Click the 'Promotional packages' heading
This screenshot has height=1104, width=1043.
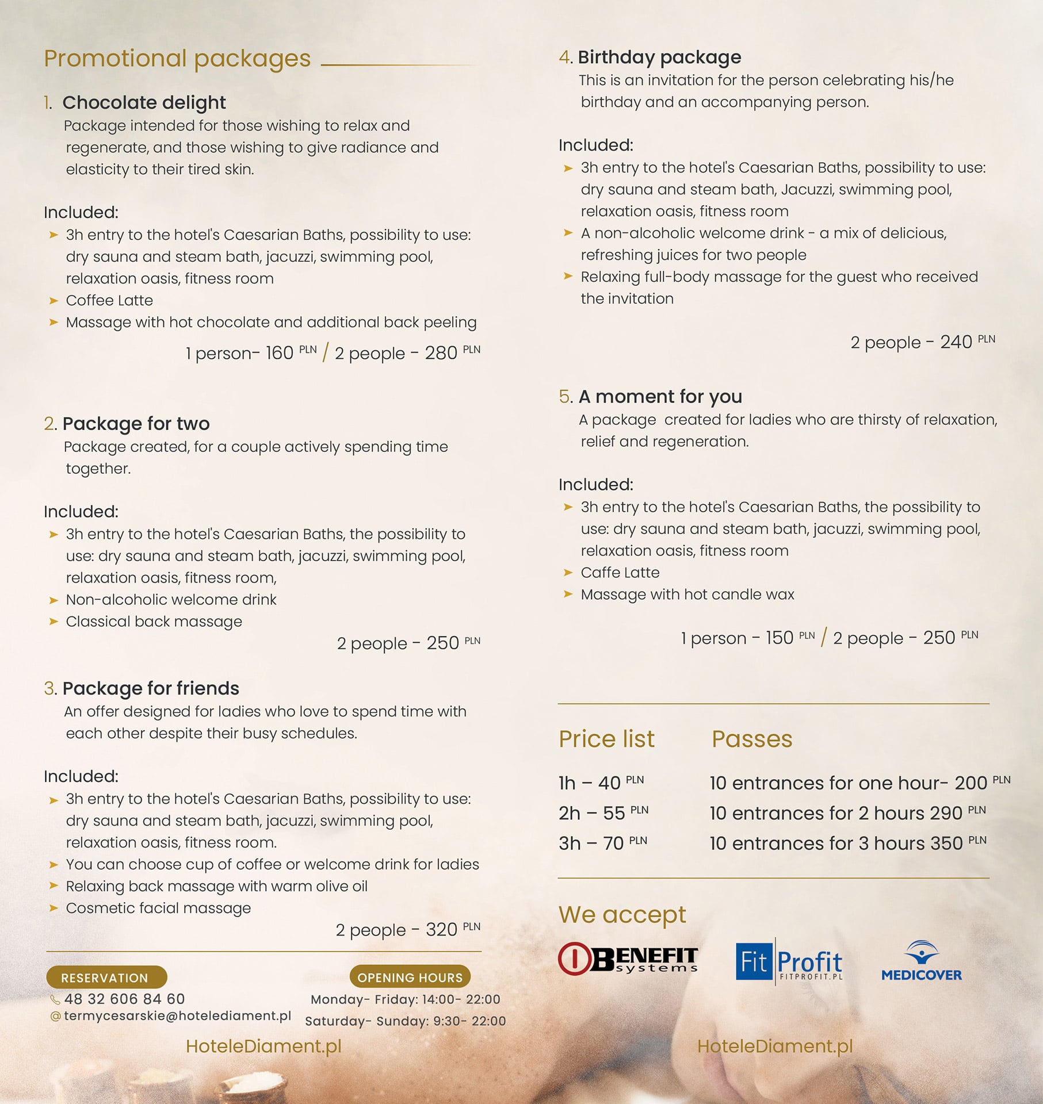tap(177, 59)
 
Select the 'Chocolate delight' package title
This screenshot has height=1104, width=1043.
tap(144, 102)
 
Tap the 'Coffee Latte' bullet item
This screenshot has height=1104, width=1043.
tap(109, 300)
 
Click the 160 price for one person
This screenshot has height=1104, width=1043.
tap(279, 353)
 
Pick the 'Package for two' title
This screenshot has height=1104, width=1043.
tap(136, 423)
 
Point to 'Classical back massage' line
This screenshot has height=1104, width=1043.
tap(154, 622)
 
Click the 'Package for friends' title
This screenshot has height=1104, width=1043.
tap(150, 688)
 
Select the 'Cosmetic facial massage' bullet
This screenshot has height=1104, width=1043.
tap(158, 908)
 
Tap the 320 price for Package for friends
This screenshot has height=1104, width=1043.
tap(441, 930)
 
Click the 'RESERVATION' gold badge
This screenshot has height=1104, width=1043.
tap(105, 977)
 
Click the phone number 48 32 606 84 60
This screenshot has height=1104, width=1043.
tap(124, 999)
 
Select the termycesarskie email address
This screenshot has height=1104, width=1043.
tap(177, 1016)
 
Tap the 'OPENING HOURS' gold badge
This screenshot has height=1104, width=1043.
tap(410, 977)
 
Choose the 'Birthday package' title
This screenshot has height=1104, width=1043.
tap(659, 57)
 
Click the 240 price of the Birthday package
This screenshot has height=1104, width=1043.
tap(956, 342)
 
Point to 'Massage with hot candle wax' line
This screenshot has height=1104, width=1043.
tap(687, 595)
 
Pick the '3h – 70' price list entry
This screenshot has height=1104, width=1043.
tap(591, 844)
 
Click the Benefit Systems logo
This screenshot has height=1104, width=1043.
tap(628, 959)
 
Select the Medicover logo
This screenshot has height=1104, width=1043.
tap(922, 960)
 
